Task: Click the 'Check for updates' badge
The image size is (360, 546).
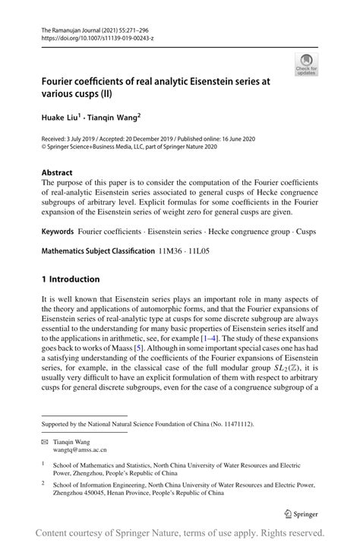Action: pos(307,64)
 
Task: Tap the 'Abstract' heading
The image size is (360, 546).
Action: pos(58,172)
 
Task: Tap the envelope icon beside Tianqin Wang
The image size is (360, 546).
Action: pos(46,441)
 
